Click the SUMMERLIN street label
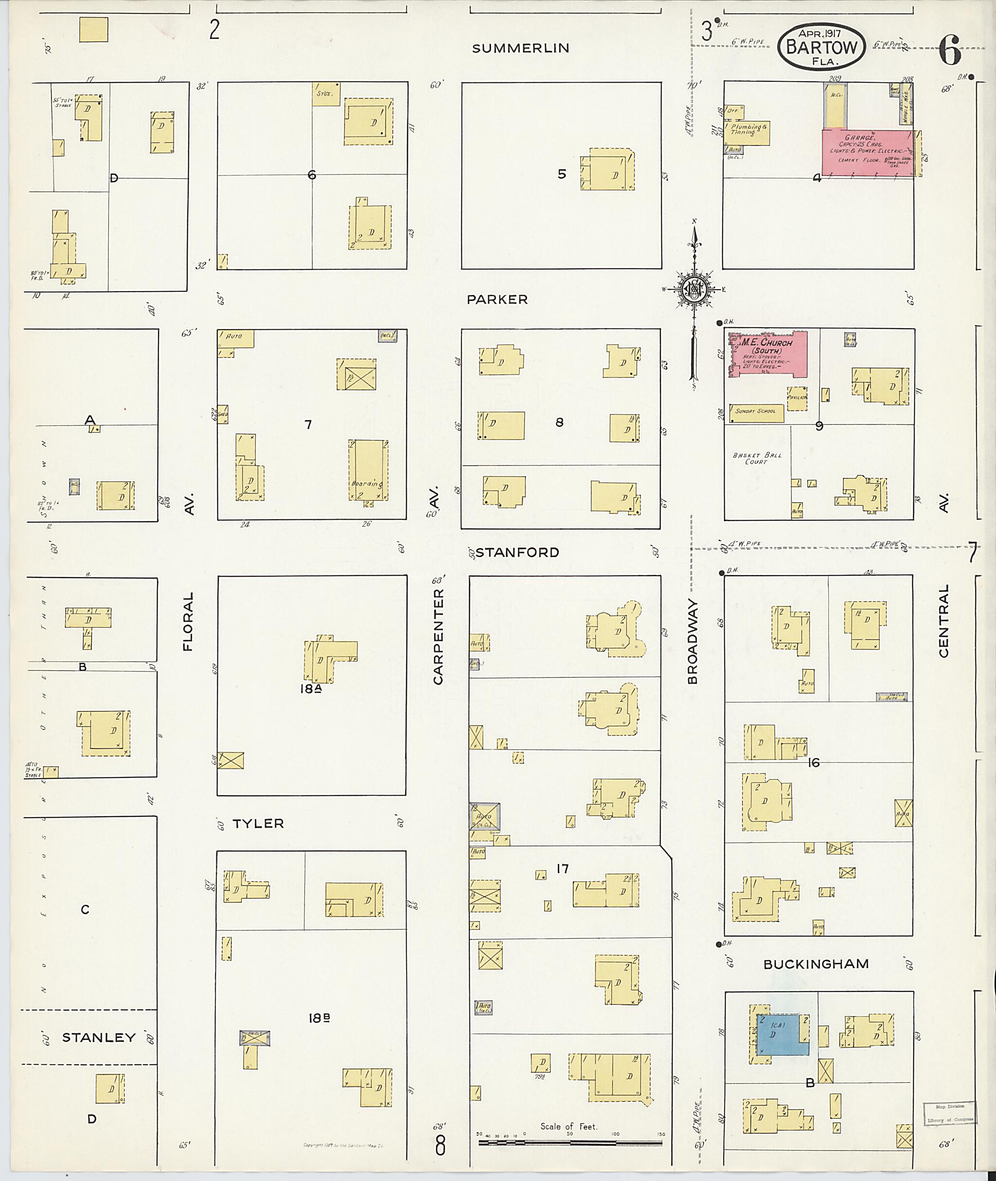pyautogui.click(x=520, y=49)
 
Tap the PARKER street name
pyautogui.click(x=497, y=300)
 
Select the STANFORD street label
pyautogui.click(x=517, y=552)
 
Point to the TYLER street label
pyautogui.click(x=258, y=824)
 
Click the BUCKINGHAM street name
pyautogui.click(x=816, y=964)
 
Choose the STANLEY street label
pyautogui.click(x=99, y=1038)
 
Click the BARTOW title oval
pyautogui.click(x=821, y=47)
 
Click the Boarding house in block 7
pyautogui.click(x=368, y=470)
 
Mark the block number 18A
pyautogui.click(x=311, y=689)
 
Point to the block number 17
pyautogui.click(x=562, y=869)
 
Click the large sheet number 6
pyautogui.click(x=950, y=53)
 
